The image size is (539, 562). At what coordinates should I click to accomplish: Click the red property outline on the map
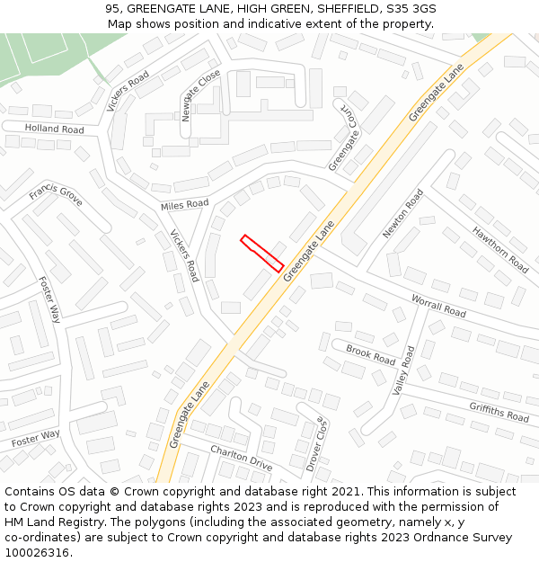tap(262, 253)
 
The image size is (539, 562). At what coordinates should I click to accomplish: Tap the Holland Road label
tap(54, 129)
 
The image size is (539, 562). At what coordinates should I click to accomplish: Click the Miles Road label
tap(184, 206)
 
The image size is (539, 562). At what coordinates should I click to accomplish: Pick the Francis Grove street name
tap(56, 194)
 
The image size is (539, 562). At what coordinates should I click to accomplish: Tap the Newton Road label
tap(402, 214)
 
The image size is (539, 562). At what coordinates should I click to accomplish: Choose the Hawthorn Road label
tap(500, 249)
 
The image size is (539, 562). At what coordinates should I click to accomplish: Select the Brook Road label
tap(370, 355)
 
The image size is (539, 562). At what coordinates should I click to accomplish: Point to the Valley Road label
tap(404, 370)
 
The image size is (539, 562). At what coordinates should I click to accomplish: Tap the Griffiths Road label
tap(499, 412)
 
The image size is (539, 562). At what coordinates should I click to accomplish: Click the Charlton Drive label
tap(241, 458)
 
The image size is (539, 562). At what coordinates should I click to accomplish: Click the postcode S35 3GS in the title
tap(411, 8)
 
